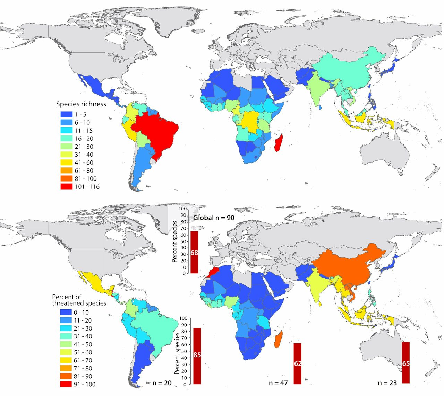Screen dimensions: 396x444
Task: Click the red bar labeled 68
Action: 194,252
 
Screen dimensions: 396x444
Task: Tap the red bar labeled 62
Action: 297,363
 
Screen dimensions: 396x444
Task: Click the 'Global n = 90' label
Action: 214,218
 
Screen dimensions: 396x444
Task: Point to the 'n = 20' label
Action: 162,383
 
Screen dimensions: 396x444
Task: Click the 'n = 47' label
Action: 279,383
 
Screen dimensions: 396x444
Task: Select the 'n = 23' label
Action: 387,383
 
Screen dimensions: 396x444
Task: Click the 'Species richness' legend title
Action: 81,104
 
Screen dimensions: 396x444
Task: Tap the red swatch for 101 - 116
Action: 67,186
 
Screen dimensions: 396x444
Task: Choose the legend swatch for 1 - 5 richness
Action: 67,114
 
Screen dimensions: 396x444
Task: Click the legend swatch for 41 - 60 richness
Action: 67,162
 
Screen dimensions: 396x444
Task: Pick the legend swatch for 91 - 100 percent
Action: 66,384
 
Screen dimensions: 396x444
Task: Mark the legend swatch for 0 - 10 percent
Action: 66,313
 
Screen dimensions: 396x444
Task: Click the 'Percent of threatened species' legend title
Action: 79,300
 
